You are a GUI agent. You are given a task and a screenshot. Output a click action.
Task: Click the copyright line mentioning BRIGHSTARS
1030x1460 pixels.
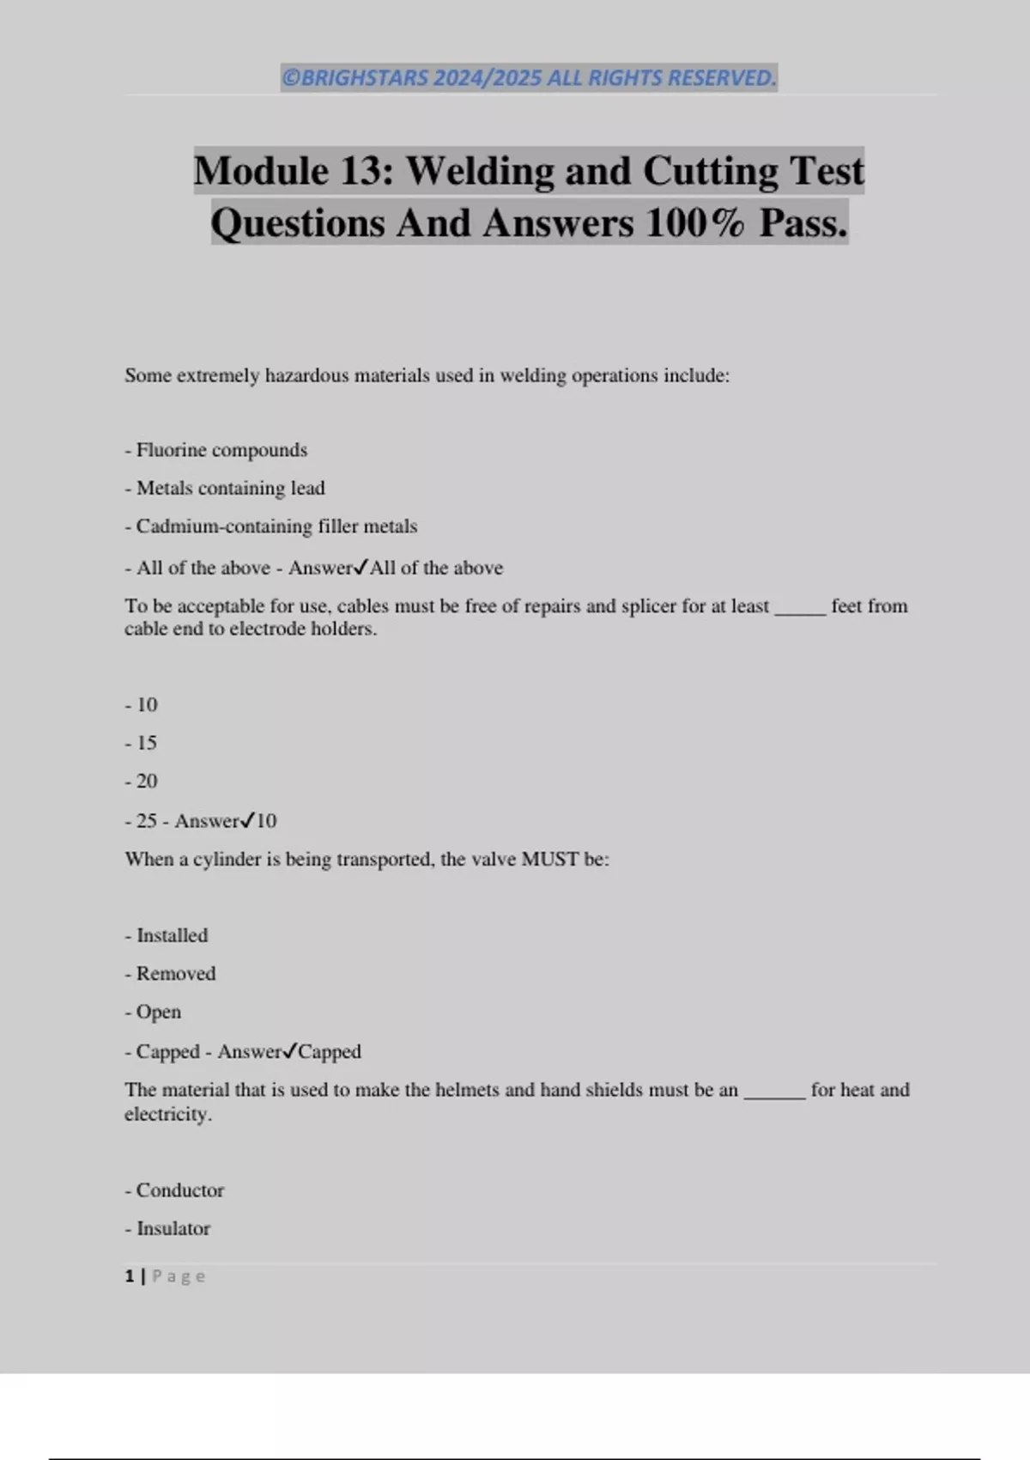pyautogui.click(x=528, y=78)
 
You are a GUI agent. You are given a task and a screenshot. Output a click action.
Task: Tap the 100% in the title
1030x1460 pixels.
pyautogui.click(x=695, y=224)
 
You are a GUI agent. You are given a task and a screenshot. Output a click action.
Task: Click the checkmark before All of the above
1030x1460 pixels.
pyautogui.click(x=361, y=567)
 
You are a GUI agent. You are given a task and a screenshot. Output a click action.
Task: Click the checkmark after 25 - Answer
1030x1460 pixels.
pyautogui.click(x=247, y=820)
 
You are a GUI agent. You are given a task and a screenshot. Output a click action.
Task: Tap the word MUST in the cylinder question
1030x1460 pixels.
pyautogui.click(x=549, y=860)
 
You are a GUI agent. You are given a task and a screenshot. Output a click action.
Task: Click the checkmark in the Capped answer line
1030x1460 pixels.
pyautogui.click(x=290, y=1050)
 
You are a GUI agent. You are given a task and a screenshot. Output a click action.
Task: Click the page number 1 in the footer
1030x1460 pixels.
pyautogui.click(x=130, y=1276)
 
